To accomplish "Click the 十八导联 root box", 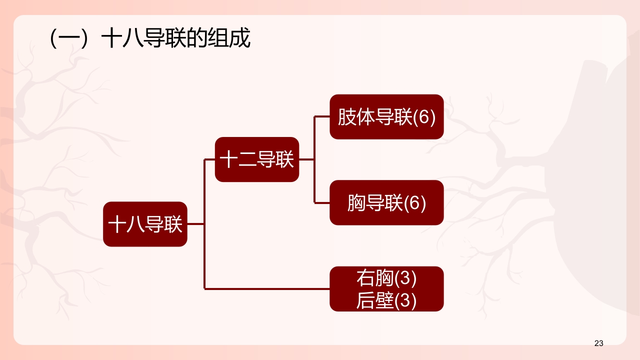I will point(145,224).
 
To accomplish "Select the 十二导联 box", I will point(257,159).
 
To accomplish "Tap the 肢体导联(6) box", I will point(386,117).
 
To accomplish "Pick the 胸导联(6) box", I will point(386,203).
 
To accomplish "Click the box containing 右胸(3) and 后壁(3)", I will point(386,289).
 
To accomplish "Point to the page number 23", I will point(599,343).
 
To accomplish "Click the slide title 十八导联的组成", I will point(175,39).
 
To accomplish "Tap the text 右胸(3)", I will point(386,278).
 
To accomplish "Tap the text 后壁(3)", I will point(386,300).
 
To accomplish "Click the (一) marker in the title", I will point(70,39).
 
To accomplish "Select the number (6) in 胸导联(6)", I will point(415,203).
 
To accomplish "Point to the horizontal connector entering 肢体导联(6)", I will point(322,117).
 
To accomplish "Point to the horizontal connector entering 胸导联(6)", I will point(322,202).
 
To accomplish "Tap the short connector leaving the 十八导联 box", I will point(195,224).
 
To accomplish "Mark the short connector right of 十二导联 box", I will point(306,159).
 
